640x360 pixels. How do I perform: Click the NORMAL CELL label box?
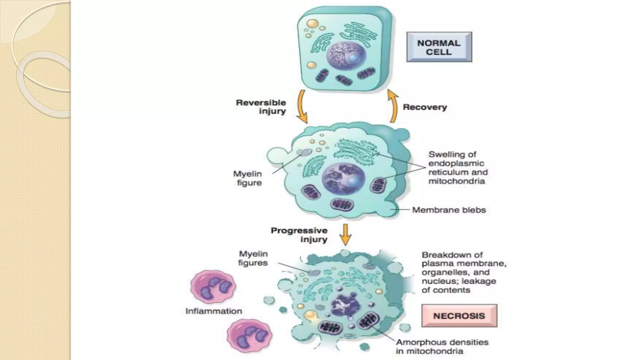(439, 47)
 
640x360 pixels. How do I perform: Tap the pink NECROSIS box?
(459, 316)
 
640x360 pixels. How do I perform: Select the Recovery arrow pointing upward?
(393, 106)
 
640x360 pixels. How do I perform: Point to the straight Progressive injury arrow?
(345, 234)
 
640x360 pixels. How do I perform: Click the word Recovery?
(425, 107)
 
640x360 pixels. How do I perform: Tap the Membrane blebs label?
(449, 210)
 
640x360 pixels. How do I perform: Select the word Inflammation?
(214, 311)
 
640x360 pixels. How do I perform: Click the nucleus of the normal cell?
(346, 56)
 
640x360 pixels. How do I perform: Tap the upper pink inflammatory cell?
(213, 287)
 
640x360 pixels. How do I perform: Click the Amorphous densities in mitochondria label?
(442, 347)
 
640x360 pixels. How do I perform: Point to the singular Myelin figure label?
(248, 178)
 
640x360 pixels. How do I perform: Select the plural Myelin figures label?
(253, 258)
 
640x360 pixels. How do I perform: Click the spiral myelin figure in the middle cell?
(304, 152)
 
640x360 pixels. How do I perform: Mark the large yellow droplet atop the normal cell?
(312, 24)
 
